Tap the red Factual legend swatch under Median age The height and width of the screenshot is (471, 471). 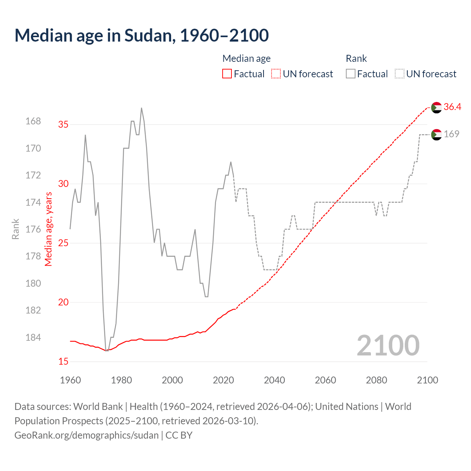coord(227,74)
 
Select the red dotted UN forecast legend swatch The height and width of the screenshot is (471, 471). coord(276,74)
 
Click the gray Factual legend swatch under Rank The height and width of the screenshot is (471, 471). coord(351,74)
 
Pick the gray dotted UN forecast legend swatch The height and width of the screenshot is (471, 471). coord(400,74)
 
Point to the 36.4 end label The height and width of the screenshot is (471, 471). coord(452,107)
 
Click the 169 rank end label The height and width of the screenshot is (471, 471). coord(451,134)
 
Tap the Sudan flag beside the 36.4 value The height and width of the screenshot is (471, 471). coord(436,107)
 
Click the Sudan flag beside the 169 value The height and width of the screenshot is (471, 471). coord(436,135)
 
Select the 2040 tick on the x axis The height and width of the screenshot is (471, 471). coord(275,380)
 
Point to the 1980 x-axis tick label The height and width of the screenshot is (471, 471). coord(121,380)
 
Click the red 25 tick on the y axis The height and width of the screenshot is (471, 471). coord(64,243)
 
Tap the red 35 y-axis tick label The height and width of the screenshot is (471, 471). coord(64,124)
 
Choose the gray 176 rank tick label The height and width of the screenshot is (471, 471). coord(33,229)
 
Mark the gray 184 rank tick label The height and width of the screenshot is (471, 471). coord(33,337)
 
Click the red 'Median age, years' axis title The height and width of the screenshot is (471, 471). coord(49,229)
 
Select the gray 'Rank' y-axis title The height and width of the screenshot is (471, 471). coord(15,229)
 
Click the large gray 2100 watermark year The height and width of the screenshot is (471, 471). coord(388,346)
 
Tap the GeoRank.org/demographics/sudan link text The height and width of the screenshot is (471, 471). coord(86,435)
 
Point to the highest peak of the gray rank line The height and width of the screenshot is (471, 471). coord(142,108)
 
